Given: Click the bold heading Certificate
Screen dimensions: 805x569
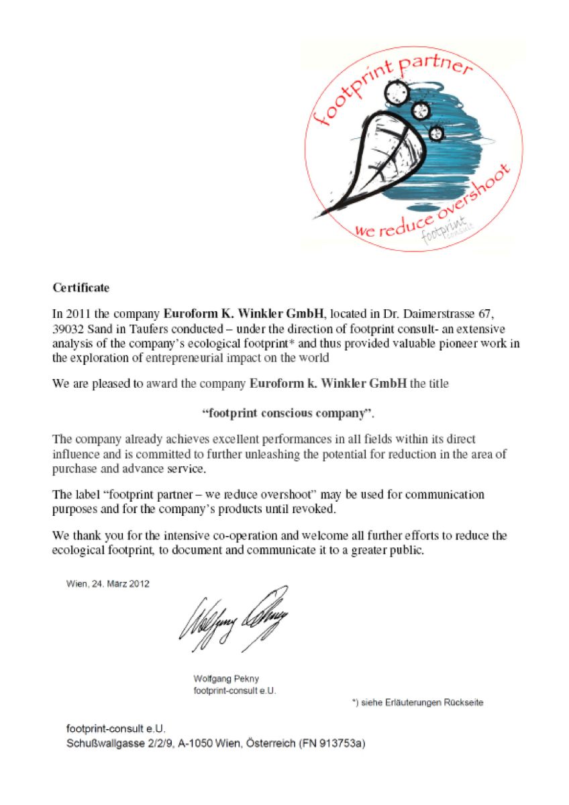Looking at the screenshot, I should click(x=81, y=288).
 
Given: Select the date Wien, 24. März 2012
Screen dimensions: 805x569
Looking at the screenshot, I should click(x=107, y=583).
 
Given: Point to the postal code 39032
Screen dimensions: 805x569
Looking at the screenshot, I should click(x=68, y=329).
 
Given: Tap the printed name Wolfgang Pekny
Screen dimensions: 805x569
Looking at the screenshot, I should click(x=226, y=678).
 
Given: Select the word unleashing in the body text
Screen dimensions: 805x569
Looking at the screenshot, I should click(x=280, y=454).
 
